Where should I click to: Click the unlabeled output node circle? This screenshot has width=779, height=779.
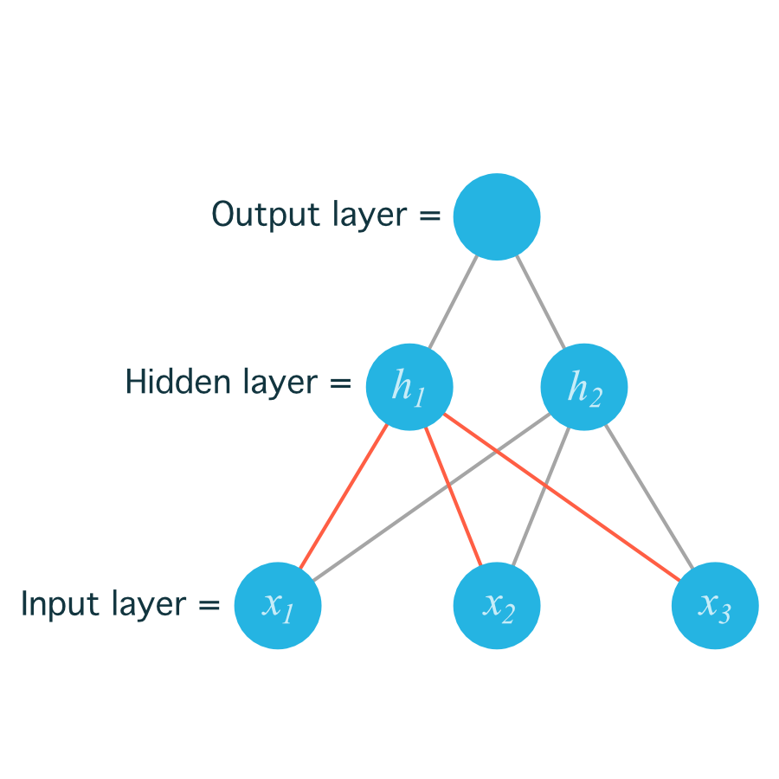(497, 216)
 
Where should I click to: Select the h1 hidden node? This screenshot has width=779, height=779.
(409, 387)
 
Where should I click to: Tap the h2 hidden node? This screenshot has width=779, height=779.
(584, 387)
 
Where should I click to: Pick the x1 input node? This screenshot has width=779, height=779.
(278, 605)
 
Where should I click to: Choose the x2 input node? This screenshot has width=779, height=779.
(497, 605)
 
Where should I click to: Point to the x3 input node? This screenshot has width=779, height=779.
(715, 605)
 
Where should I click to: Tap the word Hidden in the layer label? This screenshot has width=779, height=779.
(174, 382)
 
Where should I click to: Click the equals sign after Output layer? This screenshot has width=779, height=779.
(430, 215)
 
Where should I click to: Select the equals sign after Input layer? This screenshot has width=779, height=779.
(210, 604)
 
